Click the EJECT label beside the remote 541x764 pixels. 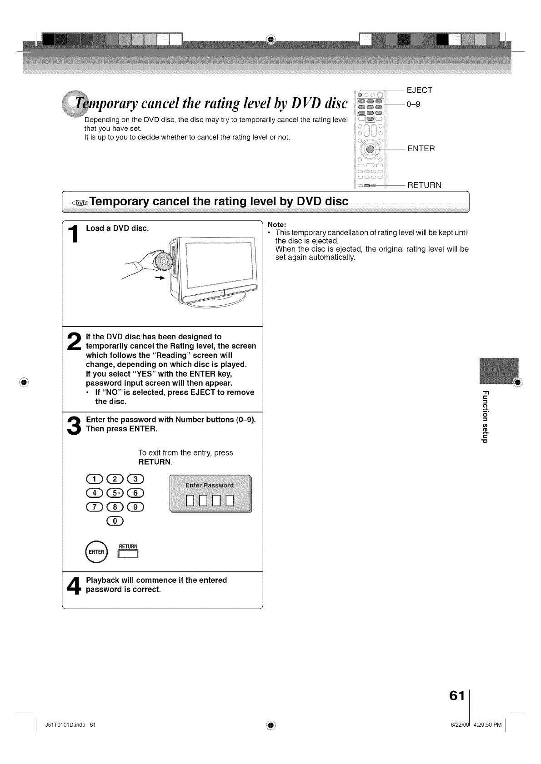420,90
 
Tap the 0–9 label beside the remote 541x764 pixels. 414,104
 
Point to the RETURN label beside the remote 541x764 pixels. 424,185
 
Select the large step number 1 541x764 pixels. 74,238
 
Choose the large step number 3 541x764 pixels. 73,425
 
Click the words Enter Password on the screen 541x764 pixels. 210,485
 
